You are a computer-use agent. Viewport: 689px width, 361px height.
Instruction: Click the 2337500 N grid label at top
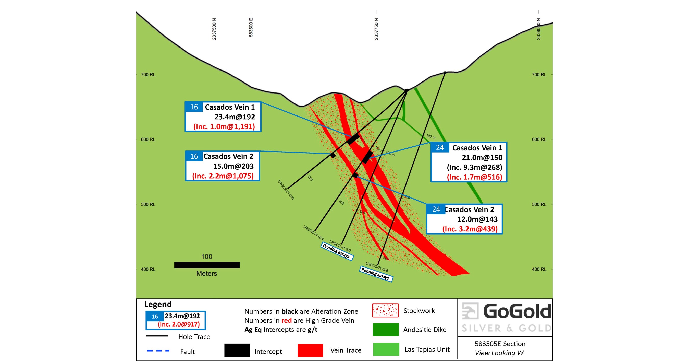point(214,29)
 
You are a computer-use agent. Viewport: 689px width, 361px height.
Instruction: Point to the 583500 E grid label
point(251,27)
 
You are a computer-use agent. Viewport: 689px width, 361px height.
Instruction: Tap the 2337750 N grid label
point(376,29)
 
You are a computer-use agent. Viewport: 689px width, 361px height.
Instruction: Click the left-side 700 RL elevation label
point(148,74)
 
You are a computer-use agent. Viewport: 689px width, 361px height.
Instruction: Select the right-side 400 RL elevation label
point(539,269)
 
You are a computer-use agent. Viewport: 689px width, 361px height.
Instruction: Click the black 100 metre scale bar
point(207,265)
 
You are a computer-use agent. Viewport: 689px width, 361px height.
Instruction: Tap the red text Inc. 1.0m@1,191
point(224,126)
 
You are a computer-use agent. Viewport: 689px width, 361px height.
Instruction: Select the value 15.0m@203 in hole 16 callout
point(233,166)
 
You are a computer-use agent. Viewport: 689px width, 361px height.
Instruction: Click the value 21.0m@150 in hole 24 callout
point(482,157)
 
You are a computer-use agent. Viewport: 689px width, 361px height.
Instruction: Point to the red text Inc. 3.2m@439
point(470,229)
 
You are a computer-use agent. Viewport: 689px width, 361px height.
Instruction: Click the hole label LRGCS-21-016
point(286,190)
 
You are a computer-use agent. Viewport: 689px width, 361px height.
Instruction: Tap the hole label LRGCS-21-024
point(313,233)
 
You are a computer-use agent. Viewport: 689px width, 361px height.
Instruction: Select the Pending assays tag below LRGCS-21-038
point(376,274)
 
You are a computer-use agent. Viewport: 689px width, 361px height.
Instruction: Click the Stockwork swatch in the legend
point(385,310)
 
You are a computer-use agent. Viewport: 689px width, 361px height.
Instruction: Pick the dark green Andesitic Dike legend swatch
point(385,329)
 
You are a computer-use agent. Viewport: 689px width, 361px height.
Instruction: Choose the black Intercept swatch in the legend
point(237,350)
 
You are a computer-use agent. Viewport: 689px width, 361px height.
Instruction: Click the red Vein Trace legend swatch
point(310,350)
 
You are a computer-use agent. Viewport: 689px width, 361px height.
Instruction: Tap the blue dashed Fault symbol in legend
point(158,351)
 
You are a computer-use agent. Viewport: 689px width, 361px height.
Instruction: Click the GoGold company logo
point(506,318)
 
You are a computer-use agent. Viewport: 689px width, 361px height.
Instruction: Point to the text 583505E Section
point(500,344)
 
